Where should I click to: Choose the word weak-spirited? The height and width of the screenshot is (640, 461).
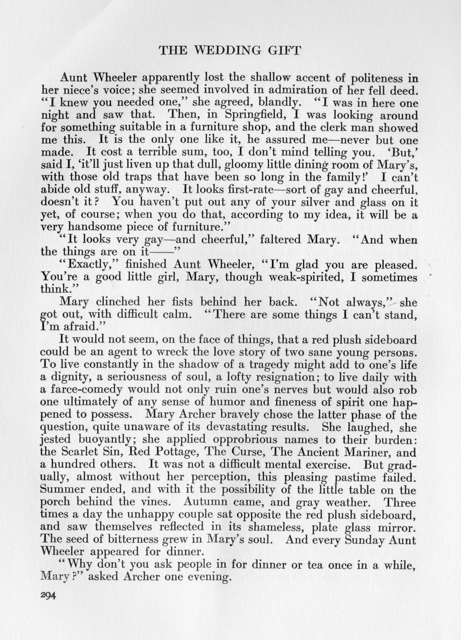[x=313, y=278]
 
